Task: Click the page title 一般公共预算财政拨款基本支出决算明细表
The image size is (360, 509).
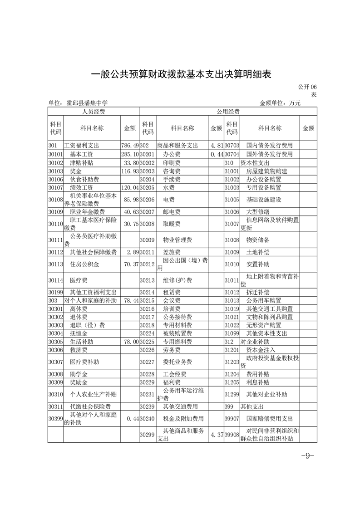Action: (x=181, y=74)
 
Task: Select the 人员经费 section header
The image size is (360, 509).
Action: (x=94, y=111)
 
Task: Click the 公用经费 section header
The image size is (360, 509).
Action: (x=228, y=111)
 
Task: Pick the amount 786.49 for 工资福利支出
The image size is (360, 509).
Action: (x=130, y=146)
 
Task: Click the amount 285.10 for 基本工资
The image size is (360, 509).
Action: (x=130, y=154)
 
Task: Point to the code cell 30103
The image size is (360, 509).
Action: (x=55, y=171)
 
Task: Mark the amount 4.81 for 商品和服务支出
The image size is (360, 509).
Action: (x=216, y=146)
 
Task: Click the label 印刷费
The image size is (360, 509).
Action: (x=172, y=163)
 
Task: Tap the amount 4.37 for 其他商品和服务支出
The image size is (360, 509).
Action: (x=216, y=435)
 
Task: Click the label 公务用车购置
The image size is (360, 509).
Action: (x=263, y=300)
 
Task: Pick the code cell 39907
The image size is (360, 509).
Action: (x=232, y=418)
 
